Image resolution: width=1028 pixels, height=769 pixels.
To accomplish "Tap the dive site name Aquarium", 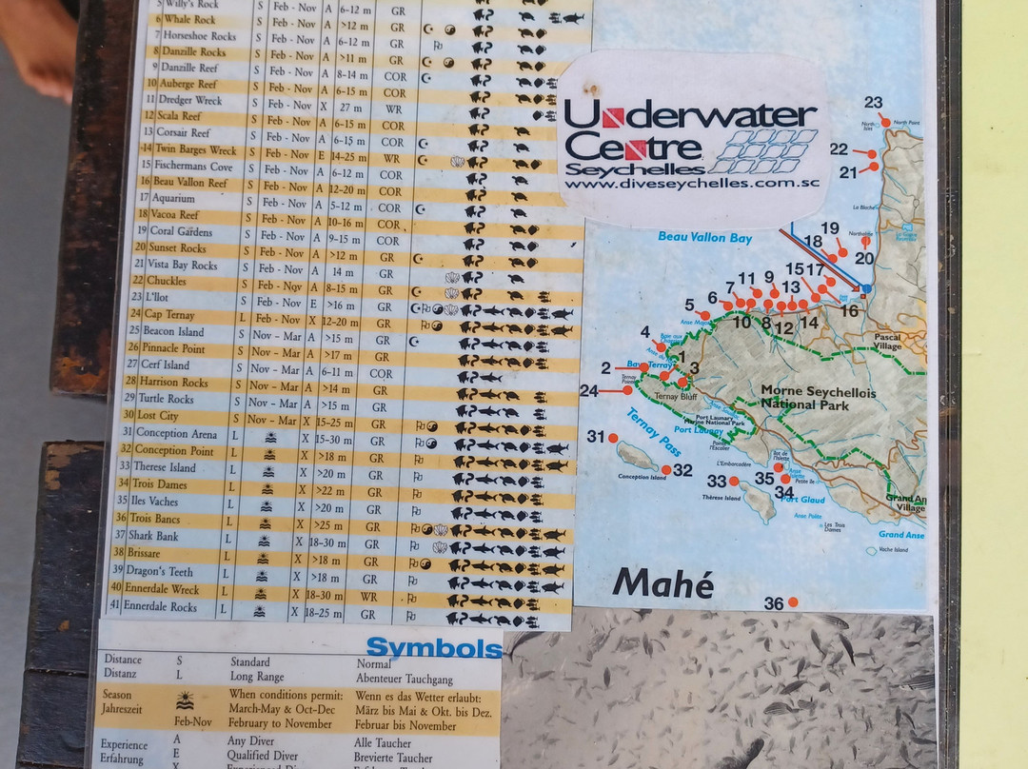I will (x=173, y=199).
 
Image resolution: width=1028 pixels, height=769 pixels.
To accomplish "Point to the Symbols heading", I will (x=433, y=649).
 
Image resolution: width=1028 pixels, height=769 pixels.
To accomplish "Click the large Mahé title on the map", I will (x=663, y=582).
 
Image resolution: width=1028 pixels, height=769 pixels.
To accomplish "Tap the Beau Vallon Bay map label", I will (x=704, y=237).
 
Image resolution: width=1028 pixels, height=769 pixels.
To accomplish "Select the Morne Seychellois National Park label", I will (x=819, y=398).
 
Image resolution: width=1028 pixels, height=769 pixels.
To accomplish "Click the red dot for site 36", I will (x=793, y=602).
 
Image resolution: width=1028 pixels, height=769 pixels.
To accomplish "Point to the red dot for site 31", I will (x=613, y=438).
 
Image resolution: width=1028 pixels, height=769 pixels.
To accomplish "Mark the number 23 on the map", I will (x=873, y=103).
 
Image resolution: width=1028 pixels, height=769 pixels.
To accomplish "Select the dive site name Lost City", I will (x=157, y=416).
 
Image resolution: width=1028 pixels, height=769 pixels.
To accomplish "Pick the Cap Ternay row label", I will (x=168, y=315).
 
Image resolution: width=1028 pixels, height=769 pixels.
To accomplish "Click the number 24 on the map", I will (x=589, y=390).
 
